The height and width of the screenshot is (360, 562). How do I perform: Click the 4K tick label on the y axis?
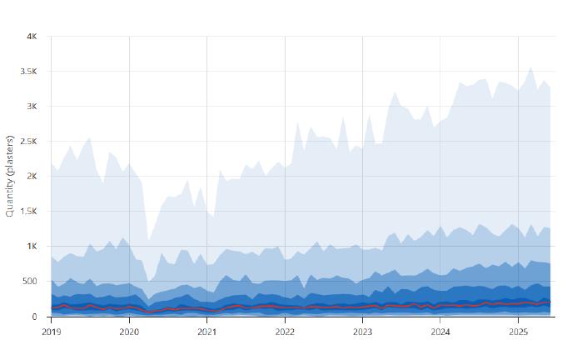(x=32, y=37)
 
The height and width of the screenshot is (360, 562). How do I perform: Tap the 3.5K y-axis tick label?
(x=28, y=72)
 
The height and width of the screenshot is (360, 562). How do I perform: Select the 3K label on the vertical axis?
(x=32, y=107)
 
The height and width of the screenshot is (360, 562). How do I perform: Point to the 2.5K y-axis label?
(x=28, y=142)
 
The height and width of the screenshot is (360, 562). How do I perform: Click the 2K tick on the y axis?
(x=32, y=177)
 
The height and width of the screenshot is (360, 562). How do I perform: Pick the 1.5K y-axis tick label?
(x=28, y=212)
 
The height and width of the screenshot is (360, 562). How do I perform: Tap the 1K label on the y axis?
(x=32, y=247)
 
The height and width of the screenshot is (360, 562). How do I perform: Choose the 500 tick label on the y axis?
(x=30, y=282)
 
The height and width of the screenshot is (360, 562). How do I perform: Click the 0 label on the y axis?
(x=35, y=317)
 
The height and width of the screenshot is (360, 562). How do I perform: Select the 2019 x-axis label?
(x=52, y=332)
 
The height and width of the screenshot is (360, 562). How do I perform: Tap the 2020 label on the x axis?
(x=129, y=332)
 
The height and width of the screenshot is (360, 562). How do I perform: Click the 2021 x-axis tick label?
(x=207, y=332)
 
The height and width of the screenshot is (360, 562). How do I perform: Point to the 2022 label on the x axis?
(x=285, y=332)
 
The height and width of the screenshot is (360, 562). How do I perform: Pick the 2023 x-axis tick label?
(x=363, y=332)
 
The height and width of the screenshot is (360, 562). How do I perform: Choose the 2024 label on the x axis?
(x=440, y=332)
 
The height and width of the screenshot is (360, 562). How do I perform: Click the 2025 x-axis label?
(x=519, y=332)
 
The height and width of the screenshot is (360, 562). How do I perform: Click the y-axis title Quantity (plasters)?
(x=10, y=177)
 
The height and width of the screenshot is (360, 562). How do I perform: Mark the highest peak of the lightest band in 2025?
(x=531, y=67)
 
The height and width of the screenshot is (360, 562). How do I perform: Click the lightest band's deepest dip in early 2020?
(x=149, y=241)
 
